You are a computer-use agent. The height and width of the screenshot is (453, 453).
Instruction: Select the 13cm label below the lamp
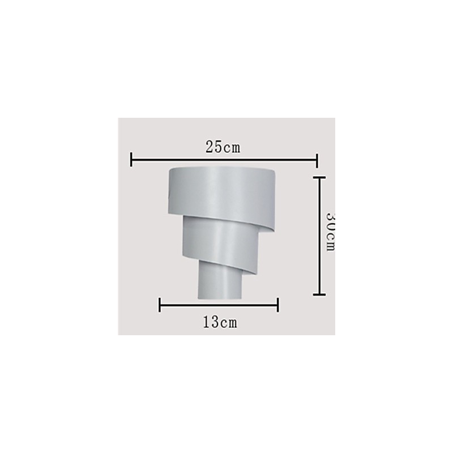point(220,323)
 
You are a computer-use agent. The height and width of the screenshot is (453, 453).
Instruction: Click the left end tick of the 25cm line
point(131,160)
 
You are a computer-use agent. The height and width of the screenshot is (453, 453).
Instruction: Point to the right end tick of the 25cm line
point(317,160)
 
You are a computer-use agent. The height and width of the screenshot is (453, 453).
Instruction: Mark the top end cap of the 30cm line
point(320,177)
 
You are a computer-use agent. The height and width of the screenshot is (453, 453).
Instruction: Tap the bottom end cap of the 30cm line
point(320,294)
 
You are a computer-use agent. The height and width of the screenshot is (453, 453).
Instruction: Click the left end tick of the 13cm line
point(160,305)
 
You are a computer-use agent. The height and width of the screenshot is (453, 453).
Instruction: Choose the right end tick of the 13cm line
point(277,305)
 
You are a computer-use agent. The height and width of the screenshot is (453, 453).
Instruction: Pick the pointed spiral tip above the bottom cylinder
point(244,273)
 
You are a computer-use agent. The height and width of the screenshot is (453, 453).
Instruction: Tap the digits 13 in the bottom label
point(211,323)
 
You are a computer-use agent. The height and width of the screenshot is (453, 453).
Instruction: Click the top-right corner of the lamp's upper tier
point(275,170)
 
